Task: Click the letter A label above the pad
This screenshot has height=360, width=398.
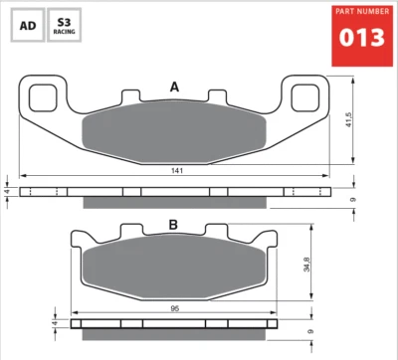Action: point(174,88)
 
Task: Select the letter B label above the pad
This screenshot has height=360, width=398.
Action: point(173,224)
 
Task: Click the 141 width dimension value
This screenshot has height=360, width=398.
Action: point(175,172)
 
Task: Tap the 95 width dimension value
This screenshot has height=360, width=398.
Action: point(175,307)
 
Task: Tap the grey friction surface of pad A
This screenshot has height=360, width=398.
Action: point(174,134)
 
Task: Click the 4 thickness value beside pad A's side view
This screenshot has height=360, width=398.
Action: point(9,191)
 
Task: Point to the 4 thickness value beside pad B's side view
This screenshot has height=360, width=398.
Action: point(57,323)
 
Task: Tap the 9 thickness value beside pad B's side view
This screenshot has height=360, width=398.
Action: point(311,331)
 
